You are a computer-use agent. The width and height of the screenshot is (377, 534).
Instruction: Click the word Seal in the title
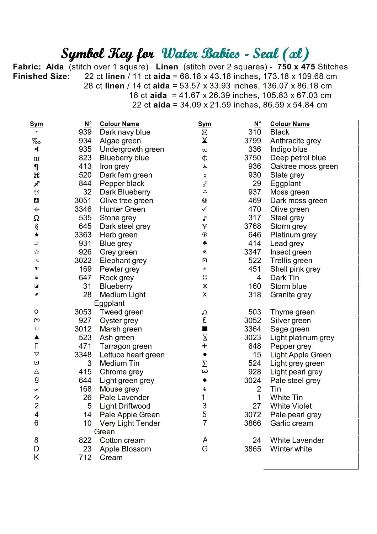pyautogui.click(x=266, y=54)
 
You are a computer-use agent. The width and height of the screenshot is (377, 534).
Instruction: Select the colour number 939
pyautogui.click(x=85, y=132)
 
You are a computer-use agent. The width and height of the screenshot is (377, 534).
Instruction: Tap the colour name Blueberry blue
pyautogui.click(x=124, y=158)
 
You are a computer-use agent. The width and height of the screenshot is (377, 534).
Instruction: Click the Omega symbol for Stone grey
pyautogui.click(x=36, y=218)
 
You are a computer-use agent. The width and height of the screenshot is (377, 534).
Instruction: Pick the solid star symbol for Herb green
pyautogui.click(x=37, y=235)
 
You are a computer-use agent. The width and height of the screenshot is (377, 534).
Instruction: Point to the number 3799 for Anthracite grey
pyautogui.click(x=253, y=141)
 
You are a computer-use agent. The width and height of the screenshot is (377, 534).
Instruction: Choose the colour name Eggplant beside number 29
pyautogui.click(x=285, y=183)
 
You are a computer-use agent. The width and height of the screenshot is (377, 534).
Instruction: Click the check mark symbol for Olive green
pyautogui.click(x=205, y=209)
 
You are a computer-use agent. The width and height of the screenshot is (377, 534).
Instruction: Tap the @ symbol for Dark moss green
pyautogui.click(x=205, y=200)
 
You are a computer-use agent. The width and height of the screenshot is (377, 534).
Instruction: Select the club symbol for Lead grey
pyautogui.click(x=205, y=244)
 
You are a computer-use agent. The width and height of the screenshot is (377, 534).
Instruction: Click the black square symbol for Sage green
pyautogui.click(x=205, y=329)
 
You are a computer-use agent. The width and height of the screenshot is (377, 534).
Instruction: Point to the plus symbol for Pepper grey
pyautogui.click(x=205, y=346)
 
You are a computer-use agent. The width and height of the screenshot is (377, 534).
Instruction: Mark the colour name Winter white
pyautogui.click(x=291, y=449)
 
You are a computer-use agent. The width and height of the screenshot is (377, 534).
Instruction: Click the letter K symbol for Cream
pyautogui.click(x=36, y=457)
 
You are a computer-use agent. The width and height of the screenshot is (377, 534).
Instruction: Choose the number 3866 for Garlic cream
pyautogui.click(x=253, y=423)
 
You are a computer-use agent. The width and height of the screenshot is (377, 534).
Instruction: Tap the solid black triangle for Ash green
pyautogui.click(x=37, y=337)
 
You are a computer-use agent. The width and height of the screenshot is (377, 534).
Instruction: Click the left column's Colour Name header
pyautogui.click(x=119, y=124)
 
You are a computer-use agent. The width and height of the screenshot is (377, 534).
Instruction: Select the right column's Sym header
pyautogui.click(x=205, y=124)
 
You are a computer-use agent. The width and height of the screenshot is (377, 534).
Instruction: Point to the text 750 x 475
pyautogui.click(x=296, y=67)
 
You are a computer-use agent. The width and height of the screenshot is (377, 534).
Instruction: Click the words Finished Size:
pyautogui.click(x=41, y=76)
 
